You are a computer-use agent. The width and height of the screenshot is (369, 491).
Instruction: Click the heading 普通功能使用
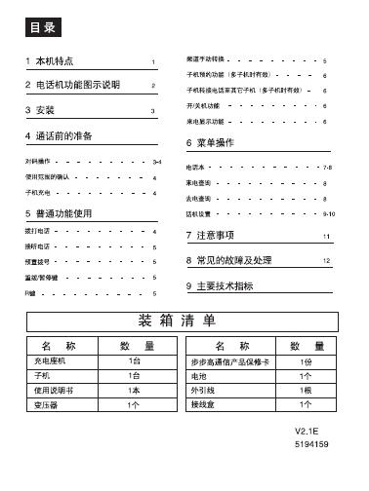(62, 211)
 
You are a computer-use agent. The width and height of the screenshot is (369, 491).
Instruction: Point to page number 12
(327, 262)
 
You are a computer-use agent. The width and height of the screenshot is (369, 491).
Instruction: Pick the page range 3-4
(156, 158)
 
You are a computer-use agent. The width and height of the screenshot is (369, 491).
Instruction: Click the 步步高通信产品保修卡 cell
(228, 360)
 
